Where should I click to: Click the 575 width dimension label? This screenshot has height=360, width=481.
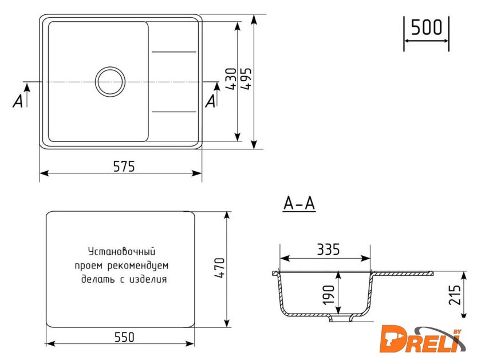coord(123,167)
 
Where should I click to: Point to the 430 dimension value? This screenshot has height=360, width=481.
coord(231,81)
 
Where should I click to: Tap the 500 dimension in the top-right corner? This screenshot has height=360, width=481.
coord(427,27)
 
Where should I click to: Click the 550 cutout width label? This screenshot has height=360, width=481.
coord(123,337)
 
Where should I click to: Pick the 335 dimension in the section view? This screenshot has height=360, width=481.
coord(328,250)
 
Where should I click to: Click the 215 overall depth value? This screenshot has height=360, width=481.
coord(456,295)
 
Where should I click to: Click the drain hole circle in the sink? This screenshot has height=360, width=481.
coord(111,81)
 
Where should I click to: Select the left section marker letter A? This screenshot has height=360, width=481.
coord(19,101)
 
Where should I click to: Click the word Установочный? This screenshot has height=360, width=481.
coord(121,251)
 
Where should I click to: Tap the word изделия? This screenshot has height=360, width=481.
coord(148,279)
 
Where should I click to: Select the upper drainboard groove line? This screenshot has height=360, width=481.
coord(174,53)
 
